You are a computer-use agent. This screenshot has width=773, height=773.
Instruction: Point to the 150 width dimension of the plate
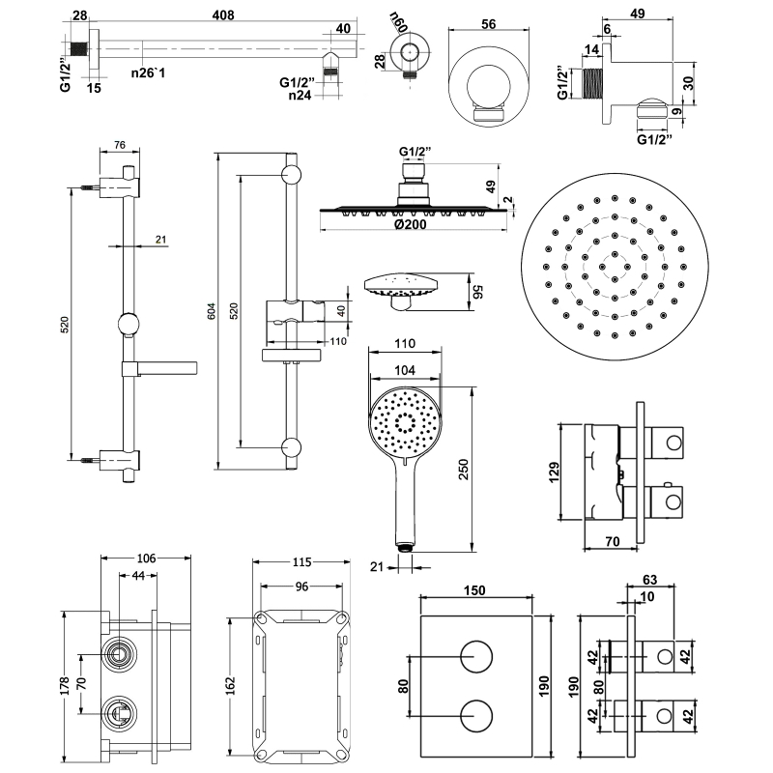point(473,591)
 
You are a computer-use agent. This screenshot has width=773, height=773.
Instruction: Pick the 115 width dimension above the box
point(301,562)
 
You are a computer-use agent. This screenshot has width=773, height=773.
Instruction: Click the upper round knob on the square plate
point(473,658)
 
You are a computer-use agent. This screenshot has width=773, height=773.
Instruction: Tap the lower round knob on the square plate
point(473,718)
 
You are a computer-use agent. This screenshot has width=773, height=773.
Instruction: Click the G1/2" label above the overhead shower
point(415,152)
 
